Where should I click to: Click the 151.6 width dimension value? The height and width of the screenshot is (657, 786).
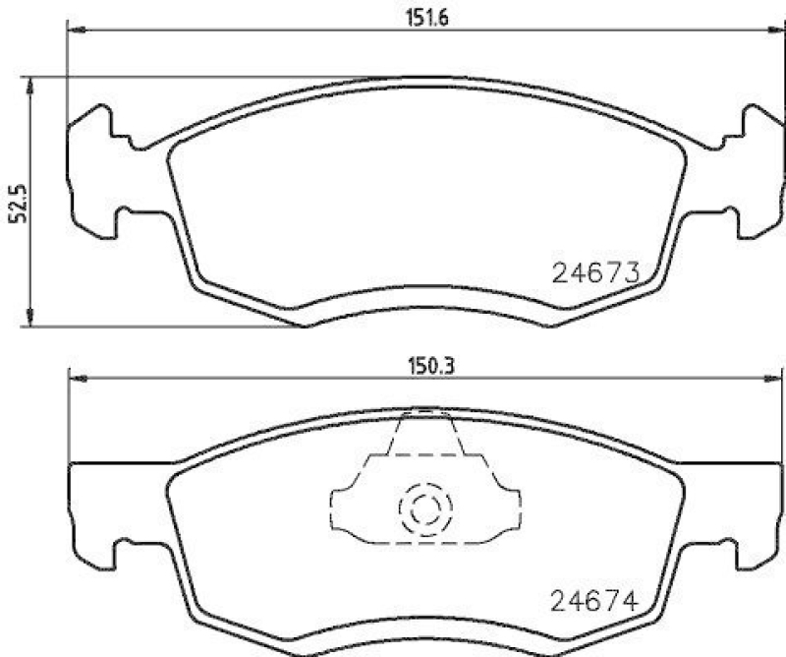[422, 17]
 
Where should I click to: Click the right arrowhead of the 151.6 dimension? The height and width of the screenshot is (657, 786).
[771, 30]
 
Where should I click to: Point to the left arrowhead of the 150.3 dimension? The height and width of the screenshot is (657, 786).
[75, 378]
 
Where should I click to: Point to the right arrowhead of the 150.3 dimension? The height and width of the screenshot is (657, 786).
[771, 378]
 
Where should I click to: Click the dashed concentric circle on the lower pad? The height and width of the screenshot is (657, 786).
[424, 509]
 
